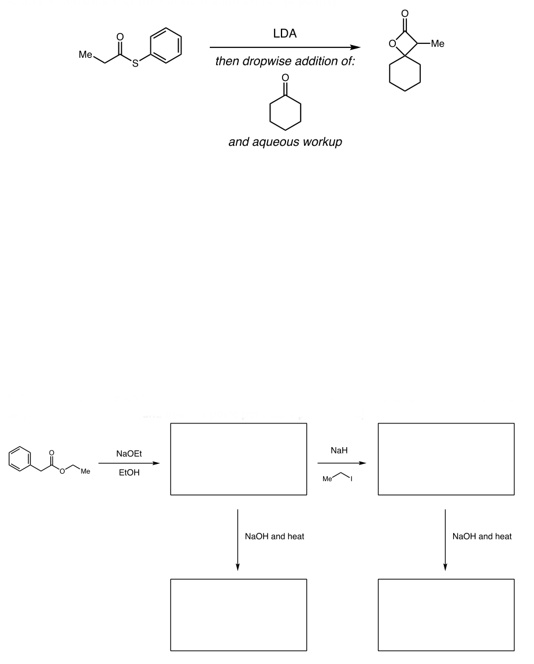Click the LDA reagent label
tap(285, 35)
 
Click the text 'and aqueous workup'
tap(285, 142)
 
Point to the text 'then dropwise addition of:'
tap(285, 62)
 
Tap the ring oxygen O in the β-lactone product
tap(392, 43)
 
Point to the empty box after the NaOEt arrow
tap(239, 459)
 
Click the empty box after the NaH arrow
tap(446, 459)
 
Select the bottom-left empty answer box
tap(239, 614)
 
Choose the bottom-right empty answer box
tap(446, 614)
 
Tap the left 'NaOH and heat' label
tap(275, 537)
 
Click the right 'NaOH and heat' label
tap(482, 537)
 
